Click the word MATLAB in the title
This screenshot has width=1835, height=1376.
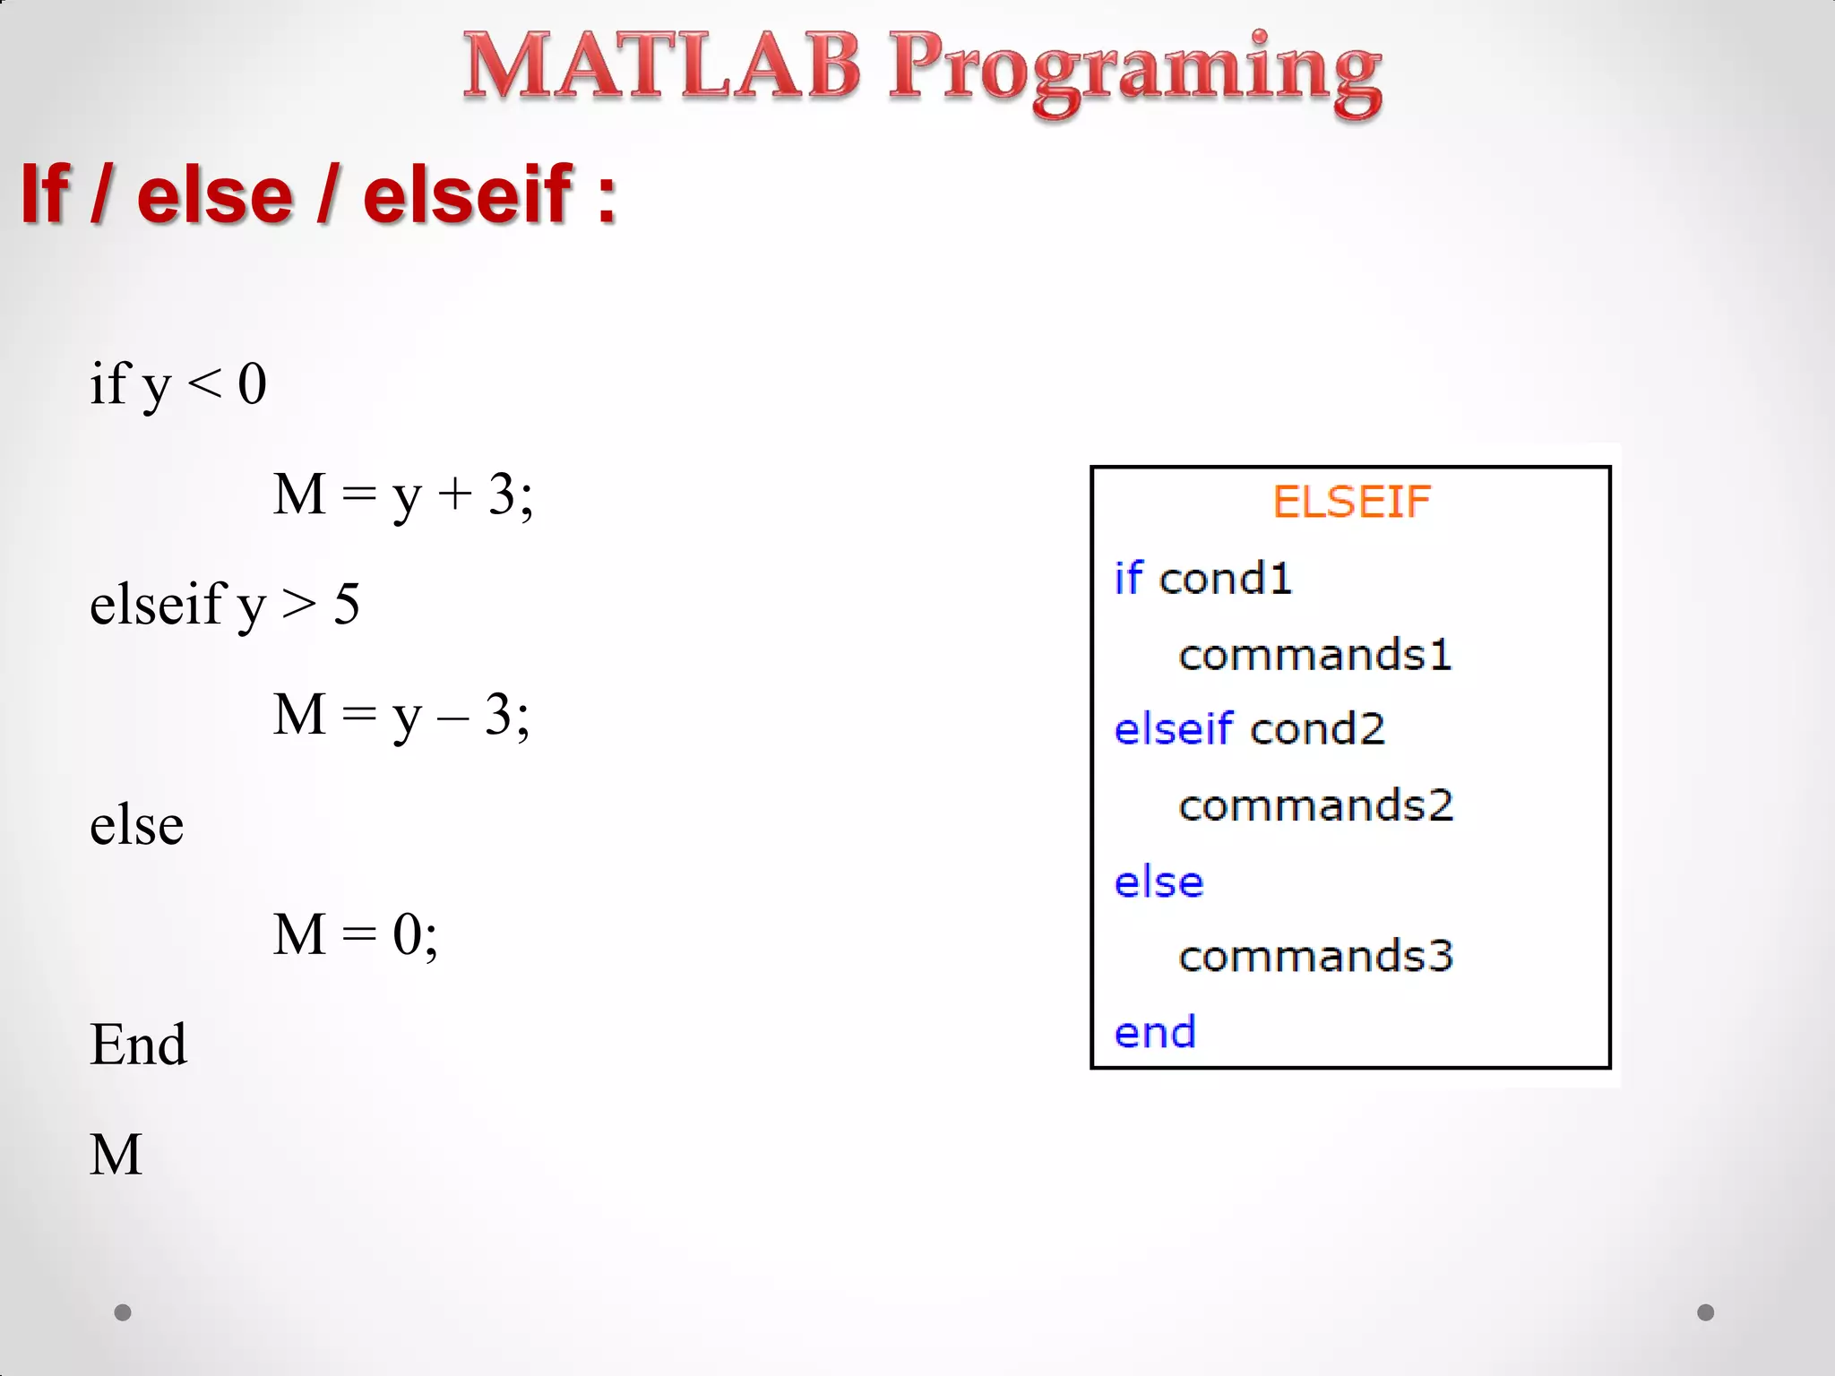click(661, 66)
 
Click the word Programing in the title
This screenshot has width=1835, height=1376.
click(1134, 72)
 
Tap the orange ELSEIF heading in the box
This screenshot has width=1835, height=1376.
click(1350, 502)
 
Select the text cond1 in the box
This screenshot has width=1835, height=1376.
click(1225, 579)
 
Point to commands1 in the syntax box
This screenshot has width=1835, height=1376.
click(1314, 655)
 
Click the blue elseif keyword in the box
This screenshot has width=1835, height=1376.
click(1173, 728)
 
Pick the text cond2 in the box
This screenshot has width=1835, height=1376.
click(1317, 729)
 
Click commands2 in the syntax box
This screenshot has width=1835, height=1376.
click(1314, 805)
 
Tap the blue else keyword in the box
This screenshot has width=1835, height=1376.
click(1159, 882)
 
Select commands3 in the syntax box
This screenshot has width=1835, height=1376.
click(1314, 956)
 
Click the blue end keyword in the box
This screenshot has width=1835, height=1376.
click(1155, 1033)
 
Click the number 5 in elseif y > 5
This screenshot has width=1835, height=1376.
click(347, 604)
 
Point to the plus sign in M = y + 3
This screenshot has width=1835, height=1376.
click(455, 494)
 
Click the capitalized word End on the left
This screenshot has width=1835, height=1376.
click(138, 1045)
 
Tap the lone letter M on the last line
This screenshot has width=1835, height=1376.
click(116, 1154)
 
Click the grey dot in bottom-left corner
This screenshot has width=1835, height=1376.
click(123, 1312)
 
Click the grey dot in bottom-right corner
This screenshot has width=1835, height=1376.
click(1705, 1312)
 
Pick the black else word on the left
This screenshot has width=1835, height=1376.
click(136, 824)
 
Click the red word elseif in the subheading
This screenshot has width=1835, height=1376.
click(467, 194)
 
